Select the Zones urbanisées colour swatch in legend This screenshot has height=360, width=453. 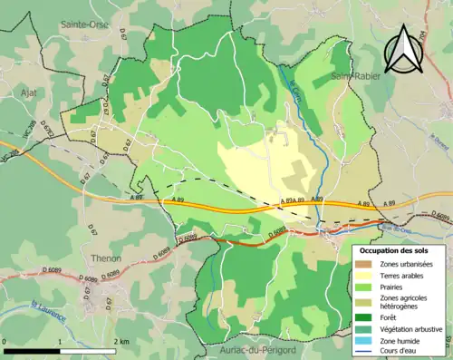[x=363, y=263]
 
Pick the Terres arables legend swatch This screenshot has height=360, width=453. [x=363, y=275]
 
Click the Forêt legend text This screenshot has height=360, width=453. [x=391, y=317]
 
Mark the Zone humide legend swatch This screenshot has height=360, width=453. [x=363, y=341]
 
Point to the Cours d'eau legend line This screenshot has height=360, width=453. [x=363, y=353]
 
